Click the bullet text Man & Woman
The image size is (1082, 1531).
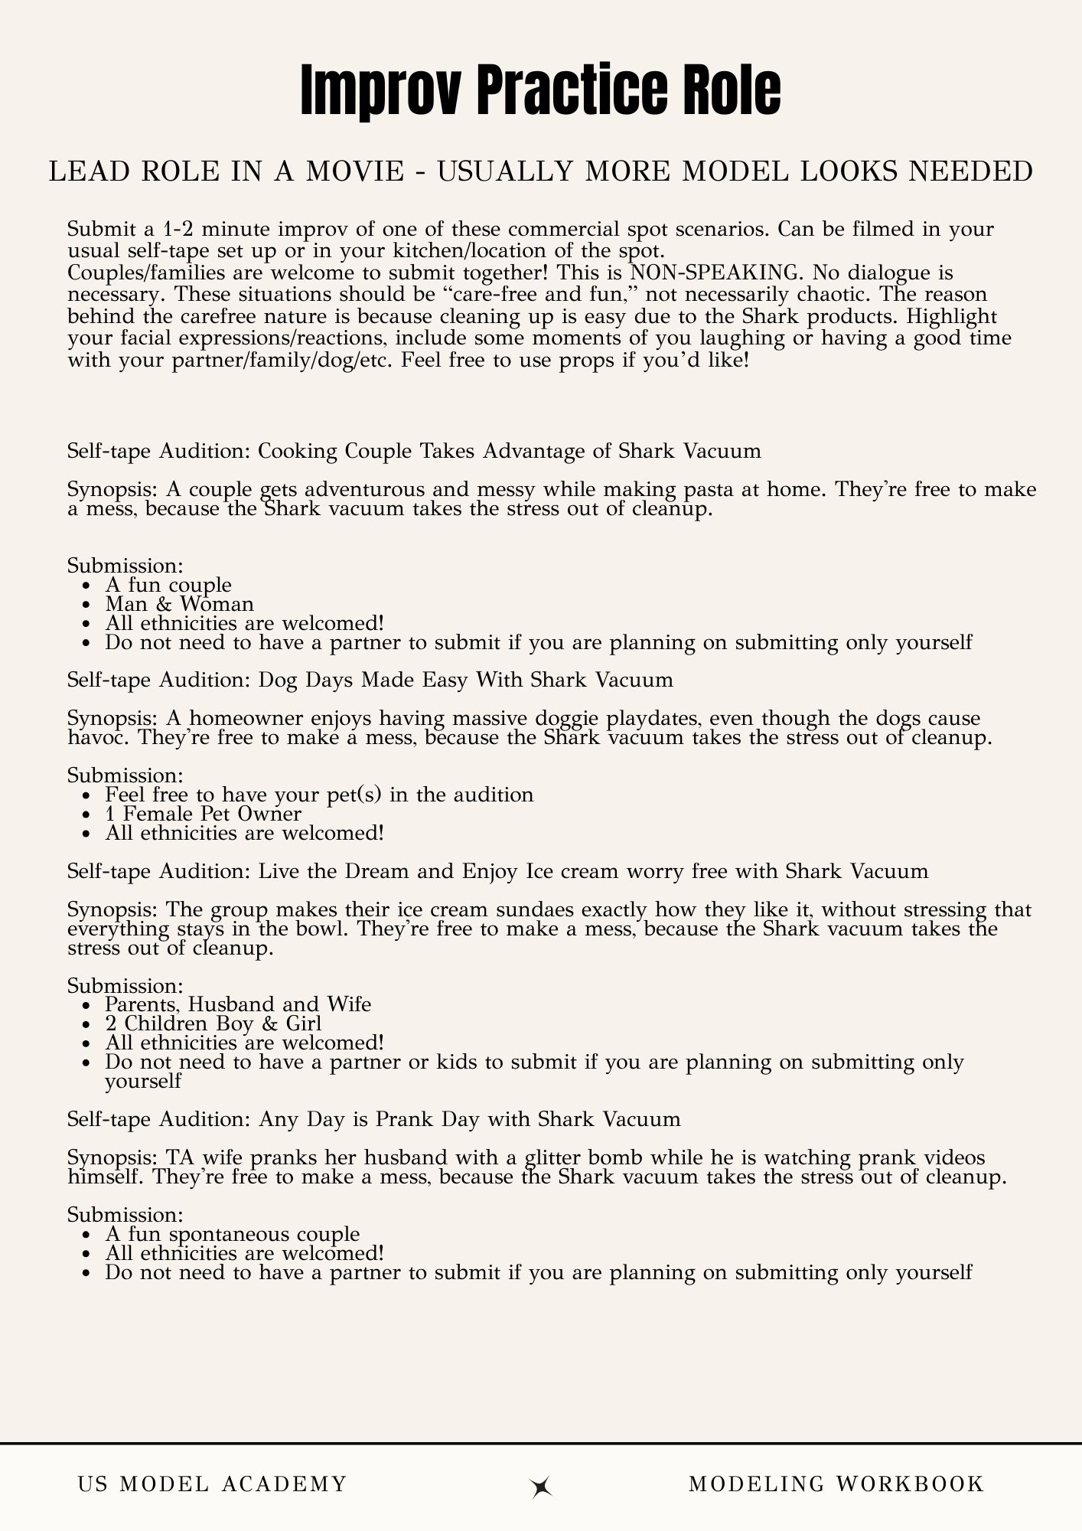point(179,604)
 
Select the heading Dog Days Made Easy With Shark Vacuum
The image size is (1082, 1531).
point(370,679)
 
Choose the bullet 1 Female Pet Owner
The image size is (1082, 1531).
point(203,813)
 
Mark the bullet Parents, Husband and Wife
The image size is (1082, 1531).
point(238,1004)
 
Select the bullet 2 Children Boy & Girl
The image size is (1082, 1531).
point(213,1023)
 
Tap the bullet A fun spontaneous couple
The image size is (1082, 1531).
point(232,1233)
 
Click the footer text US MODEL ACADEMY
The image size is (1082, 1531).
point(212,1484)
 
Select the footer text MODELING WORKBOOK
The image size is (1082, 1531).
point(836,1484)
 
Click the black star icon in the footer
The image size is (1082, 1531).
point(541,1486)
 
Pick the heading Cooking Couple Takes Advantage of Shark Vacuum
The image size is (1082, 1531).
point(414,450)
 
